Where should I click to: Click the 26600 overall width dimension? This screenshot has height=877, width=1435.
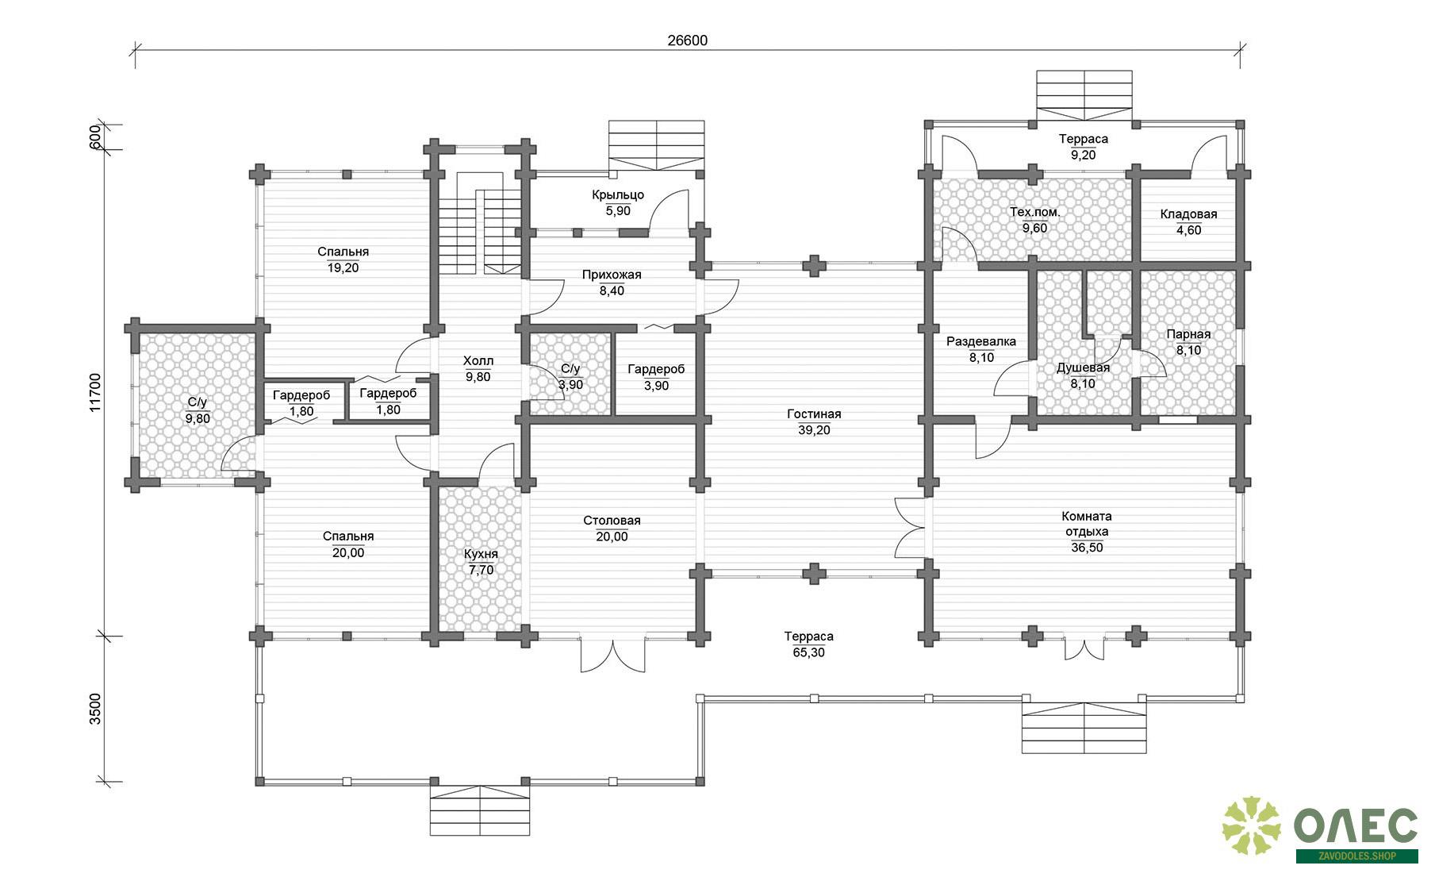[x=687, y=40]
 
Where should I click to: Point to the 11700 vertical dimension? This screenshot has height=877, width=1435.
[x=96, y=393]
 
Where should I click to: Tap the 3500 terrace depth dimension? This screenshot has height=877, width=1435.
[x=96, y=709]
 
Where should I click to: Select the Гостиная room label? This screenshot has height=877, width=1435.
[x=814, y=413]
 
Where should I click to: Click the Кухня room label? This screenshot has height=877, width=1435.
[x=482, y=554]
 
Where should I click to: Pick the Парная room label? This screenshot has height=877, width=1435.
[x=1188, y=334]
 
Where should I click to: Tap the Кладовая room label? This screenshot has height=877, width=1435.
[x=1188, y=214]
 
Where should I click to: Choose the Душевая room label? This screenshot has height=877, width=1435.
[x=1083, y=368]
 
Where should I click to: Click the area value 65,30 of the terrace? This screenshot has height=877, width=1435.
[x=808, y=652]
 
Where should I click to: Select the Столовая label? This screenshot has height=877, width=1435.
[x=612, y=521]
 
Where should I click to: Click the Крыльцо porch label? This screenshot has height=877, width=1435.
[x=618, y=194]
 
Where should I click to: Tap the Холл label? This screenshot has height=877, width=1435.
[x=478, y=361]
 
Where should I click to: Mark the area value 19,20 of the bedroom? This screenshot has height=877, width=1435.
[x=343, y=267]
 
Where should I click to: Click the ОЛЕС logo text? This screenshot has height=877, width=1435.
[x=1356, y=827]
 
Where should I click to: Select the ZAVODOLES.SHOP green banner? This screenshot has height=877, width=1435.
[x=1357, y=856]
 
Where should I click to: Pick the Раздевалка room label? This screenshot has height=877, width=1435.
[x=981, y=342]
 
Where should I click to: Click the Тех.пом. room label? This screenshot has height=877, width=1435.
[x=1034, y=212]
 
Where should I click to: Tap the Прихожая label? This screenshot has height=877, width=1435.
[x=612, y=275]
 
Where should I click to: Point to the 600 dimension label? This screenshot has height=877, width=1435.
[x=96, y=137]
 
